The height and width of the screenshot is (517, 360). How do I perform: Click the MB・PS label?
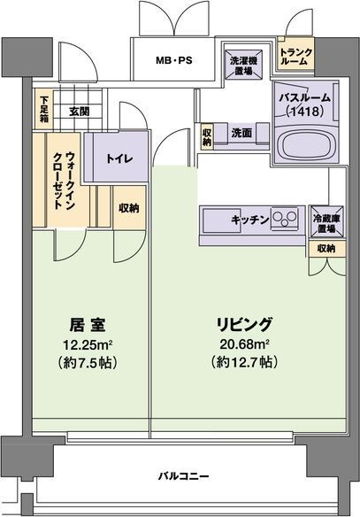point(172,62)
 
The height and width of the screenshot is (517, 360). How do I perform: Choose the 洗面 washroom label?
point(241,132)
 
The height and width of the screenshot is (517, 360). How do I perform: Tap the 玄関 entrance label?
point(78,112)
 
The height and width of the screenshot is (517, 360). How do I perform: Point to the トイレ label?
point(115,159)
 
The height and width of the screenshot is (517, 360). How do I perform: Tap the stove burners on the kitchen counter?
point(286,218)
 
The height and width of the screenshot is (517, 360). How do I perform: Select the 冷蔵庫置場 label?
point(326,220)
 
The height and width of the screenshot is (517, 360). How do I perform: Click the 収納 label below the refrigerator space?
point(325,249)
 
